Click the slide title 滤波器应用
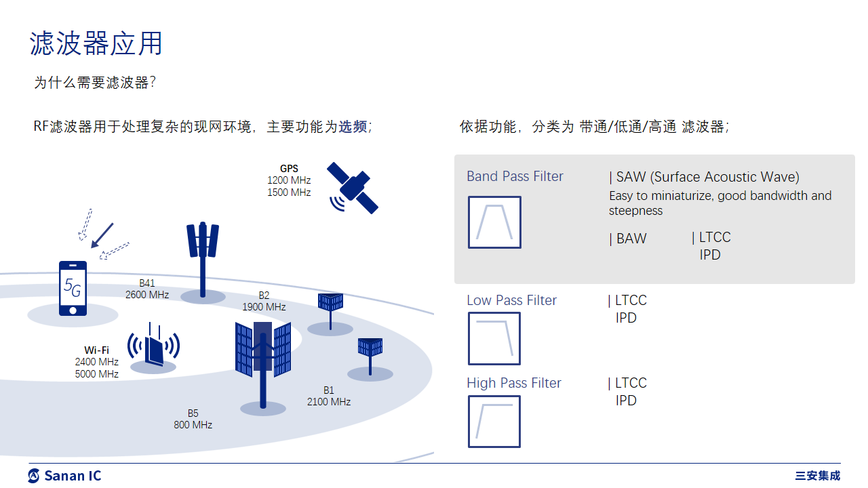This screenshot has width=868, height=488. tap(96, 43)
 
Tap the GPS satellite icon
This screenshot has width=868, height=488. tap(353, 187)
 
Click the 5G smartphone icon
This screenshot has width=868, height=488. tap(73, 288)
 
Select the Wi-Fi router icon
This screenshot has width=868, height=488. tap(154, 346)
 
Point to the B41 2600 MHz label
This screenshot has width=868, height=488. tap(147, 289)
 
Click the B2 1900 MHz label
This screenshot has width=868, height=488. tap(264, 301)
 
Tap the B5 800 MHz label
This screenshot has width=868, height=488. tap(193, 419)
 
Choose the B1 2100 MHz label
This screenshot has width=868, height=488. tap(328, 396)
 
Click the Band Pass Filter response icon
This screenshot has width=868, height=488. tap(494, 222)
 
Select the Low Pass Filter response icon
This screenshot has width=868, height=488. tap(494, 338)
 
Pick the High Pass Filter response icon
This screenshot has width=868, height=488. tap(494, 422)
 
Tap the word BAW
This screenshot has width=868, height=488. tap(631, 239)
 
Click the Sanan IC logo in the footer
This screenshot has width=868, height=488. tap(64, 476)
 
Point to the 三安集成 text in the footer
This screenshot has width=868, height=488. tap(818, 476)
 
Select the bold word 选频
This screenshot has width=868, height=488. tap(353, 127)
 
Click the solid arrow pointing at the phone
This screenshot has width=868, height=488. tap(102, 235)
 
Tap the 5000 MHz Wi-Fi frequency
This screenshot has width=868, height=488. tap(97, 374)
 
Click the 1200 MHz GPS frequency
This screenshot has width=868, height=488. tap(289, 180)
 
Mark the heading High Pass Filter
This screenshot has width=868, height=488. tap(514, 383)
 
